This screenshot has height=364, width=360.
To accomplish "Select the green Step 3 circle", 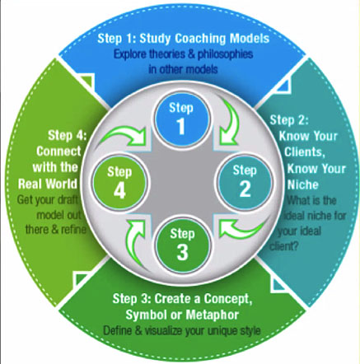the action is pos(182,245).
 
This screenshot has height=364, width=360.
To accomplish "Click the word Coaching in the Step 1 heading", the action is pos(200,39).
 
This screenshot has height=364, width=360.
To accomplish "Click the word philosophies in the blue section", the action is pos(225,54).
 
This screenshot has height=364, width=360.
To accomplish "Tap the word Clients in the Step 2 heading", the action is pos(304,152).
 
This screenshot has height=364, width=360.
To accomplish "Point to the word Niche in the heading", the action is pos(303,184).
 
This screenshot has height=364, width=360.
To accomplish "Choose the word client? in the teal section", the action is pos(284,246).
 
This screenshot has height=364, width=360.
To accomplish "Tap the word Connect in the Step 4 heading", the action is pos(58,152).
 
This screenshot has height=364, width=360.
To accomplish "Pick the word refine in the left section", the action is pos(73,230).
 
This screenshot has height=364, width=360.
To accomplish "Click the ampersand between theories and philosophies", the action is pos(191,54).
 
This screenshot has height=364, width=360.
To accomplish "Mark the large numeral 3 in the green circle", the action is pos(182,253).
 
